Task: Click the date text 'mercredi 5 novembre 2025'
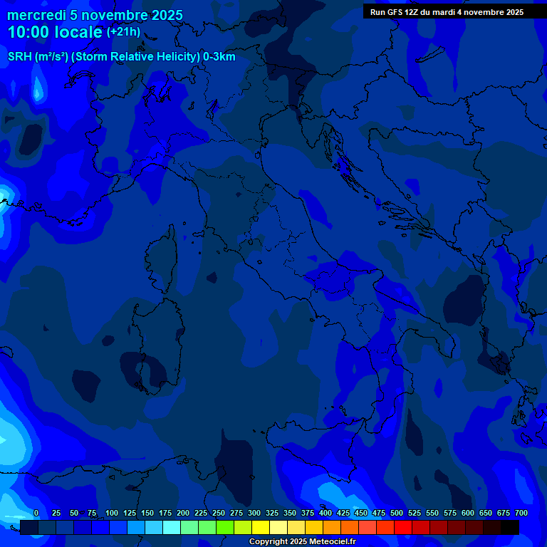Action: (x=95, y=16)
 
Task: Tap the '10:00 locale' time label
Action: (x=55, y=33)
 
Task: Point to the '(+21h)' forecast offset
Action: (x=123, y=32)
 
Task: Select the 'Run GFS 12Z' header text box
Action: (x=447, y=12)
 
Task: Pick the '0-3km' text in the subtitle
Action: (x=219, y=57)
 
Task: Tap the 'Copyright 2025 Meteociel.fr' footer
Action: (x=302, y=542)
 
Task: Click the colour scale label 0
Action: (x=36, y=513)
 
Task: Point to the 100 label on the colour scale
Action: (x=112, y=513)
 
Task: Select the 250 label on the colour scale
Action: (x=219, y=513)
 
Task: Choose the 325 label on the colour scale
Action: (x=272, y=513)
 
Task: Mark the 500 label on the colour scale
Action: (x=397, y=513)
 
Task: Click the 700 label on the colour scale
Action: (x=521, y=513)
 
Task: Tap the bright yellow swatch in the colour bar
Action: (x=261, y=528)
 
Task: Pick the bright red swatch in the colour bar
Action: (x=403, y=528)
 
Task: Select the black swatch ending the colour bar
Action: (x=510, y=528)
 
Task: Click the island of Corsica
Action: (x=162, y=260)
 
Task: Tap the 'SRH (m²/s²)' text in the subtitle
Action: (x=38, y=57)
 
